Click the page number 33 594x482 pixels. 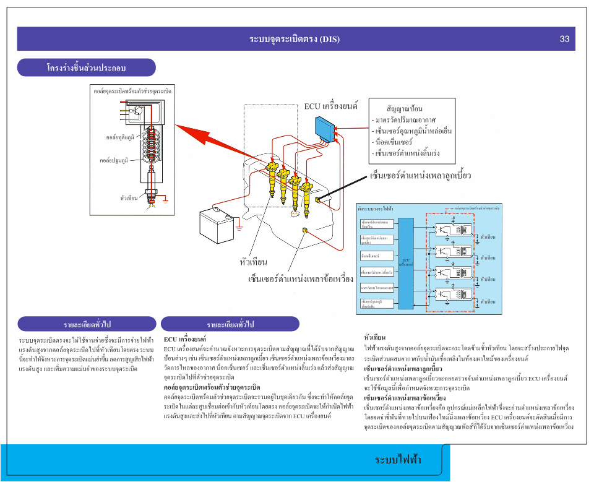click(x=564, y=39)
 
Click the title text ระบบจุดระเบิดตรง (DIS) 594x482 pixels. click(x=295, y=39)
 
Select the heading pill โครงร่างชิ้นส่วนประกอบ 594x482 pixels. click(x=86, y=67)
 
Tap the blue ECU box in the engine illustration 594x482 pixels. click(x=324, y=127)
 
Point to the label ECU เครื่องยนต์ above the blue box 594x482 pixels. click(x=331, y=106)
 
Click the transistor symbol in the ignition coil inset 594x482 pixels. click(x=140, y=112)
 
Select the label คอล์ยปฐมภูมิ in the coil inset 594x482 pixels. click(x=114, y=160)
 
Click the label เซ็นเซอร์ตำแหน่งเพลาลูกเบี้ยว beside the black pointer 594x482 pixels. click(x=421, y=176)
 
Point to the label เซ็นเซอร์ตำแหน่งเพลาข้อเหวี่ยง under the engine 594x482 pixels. click(x=301, y=280)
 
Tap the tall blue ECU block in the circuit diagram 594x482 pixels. click(x=406, y=263)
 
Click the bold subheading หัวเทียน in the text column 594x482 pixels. click(x=375, y=338)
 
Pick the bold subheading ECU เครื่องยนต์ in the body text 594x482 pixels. click(x=185, y=340)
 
